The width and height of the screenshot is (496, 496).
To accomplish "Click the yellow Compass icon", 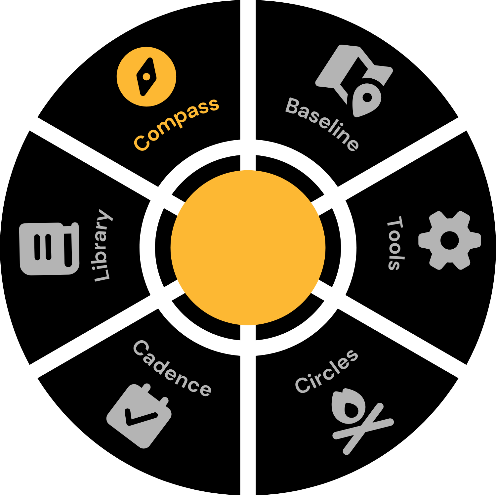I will [x=146, y=77].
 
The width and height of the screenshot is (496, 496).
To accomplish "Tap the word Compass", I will [x=176, y=124].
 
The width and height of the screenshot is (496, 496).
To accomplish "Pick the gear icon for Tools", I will [x=449, y=240].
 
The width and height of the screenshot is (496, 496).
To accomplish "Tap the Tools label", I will [x=395, y=243].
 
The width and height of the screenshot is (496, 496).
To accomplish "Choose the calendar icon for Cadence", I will [x=139, y=416].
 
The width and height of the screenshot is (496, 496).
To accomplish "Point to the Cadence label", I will [x=172, y=368].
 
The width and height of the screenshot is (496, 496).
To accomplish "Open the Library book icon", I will [x=50, y=249].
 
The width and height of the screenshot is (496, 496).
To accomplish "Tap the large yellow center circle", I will [x=248, y=248].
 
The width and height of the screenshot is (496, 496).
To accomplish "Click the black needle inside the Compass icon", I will [x=146, y=77].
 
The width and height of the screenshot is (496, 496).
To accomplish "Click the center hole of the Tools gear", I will [x=449, y=240].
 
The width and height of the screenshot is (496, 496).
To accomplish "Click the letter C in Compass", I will [x=141, y=143].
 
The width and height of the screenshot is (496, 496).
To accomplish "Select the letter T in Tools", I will [x=395, y=223].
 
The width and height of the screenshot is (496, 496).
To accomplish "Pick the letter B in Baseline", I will [x=293, y=106].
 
